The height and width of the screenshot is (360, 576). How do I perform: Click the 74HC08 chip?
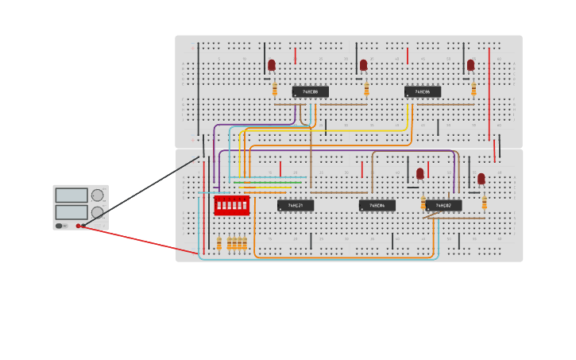click(310, 91)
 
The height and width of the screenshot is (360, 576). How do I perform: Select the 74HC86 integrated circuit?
click(422, 91)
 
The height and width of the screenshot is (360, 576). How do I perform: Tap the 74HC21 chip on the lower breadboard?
click(295, 205)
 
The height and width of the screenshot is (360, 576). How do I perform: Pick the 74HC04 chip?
click(377, 205)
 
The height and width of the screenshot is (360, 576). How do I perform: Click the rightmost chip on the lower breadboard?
click(443, 205)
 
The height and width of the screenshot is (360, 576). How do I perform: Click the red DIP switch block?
click(231, 205)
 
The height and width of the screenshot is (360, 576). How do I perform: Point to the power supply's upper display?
click(72, 195)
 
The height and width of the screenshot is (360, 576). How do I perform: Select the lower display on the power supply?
click(72, 212)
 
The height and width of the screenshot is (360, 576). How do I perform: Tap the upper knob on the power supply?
click(97, 195)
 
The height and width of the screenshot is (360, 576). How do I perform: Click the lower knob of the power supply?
click(97, 212)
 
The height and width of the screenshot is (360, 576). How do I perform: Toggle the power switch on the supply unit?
click(59, 226)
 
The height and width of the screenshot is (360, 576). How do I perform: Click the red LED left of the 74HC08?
click(272, 65)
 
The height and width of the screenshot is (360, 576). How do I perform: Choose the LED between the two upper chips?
click(363, 65)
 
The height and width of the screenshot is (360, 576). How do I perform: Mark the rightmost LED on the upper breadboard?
click(470, 65)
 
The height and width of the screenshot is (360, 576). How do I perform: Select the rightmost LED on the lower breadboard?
click(481, 179)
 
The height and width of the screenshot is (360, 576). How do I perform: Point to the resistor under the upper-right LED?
click(474, 89)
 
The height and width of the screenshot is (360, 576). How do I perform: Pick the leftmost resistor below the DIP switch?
click(219, 243)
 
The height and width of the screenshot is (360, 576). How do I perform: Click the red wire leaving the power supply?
click(143, 240)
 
